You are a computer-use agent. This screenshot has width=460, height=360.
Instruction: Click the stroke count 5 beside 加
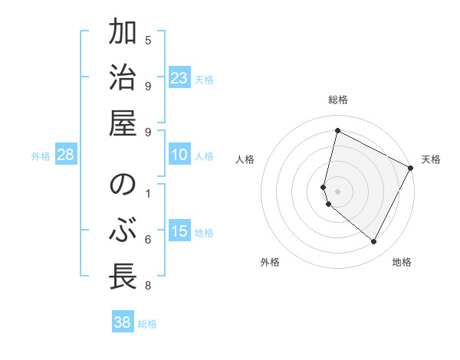(x=148, y=39)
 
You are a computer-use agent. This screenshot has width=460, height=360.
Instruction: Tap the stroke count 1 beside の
(x=148, y=192)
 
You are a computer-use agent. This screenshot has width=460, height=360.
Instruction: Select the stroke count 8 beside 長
(x=148, y=286)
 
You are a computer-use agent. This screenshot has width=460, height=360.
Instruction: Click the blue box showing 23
(x=179, y=78)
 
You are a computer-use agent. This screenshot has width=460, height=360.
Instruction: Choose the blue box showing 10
(x=179, y=155)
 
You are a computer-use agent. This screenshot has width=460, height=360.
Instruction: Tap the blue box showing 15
(x=179, y=232)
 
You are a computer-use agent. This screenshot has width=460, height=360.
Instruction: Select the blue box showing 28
(x=65, y=155)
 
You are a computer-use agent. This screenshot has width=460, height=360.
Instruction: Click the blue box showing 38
(x=123, y=322)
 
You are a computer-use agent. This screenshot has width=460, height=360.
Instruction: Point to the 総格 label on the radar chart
(x=338, y=100)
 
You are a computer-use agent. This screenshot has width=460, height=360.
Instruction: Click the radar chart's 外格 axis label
(x=270, y=262)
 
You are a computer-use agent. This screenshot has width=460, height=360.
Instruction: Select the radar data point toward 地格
(x=374, y=241)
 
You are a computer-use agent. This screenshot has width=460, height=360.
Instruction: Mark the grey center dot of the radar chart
(x=338, y=191)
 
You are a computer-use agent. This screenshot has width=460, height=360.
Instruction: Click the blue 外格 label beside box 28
(x=41, y=156)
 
